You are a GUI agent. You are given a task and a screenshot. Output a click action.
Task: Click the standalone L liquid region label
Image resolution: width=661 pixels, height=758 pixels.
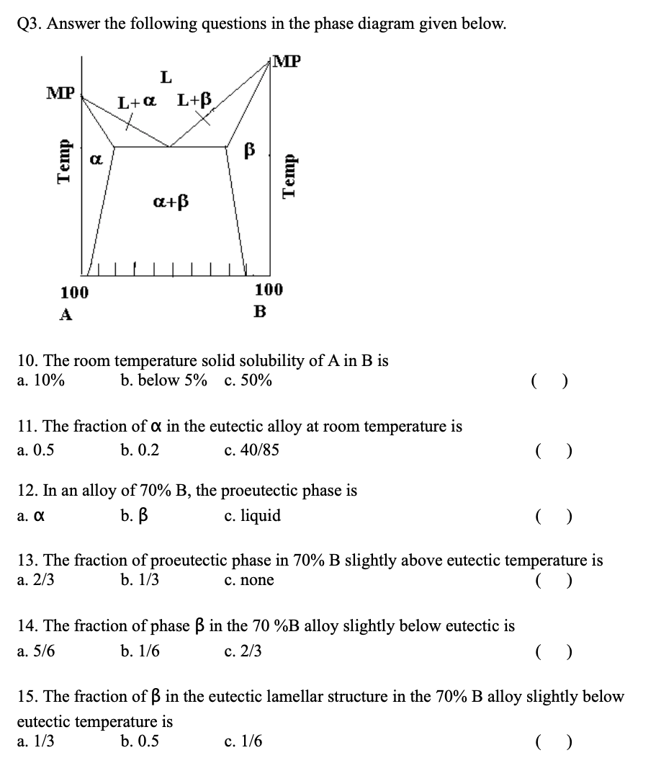pos(166,76)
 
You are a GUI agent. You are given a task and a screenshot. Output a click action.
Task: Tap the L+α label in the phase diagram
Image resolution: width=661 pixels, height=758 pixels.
pos(137,103)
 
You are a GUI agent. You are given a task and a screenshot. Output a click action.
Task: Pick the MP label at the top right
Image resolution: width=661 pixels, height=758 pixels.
pos(287,61)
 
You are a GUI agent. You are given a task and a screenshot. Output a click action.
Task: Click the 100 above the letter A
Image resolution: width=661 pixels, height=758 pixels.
pos(74,293)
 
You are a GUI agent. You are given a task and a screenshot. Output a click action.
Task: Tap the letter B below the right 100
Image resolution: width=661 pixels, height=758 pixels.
pos(260,312)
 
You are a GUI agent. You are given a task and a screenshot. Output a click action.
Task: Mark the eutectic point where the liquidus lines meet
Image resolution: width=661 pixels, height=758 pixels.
pos(170,147)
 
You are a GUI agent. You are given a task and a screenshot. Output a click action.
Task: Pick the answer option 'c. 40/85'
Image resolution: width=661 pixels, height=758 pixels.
pos(251,450)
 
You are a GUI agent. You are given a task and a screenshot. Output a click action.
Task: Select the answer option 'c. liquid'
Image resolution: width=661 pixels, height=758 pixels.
pos(252,516)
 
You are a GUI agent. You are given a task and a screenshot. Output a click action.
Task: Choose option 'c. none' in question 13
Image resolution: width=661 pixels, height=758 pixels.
pos(249,580)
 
